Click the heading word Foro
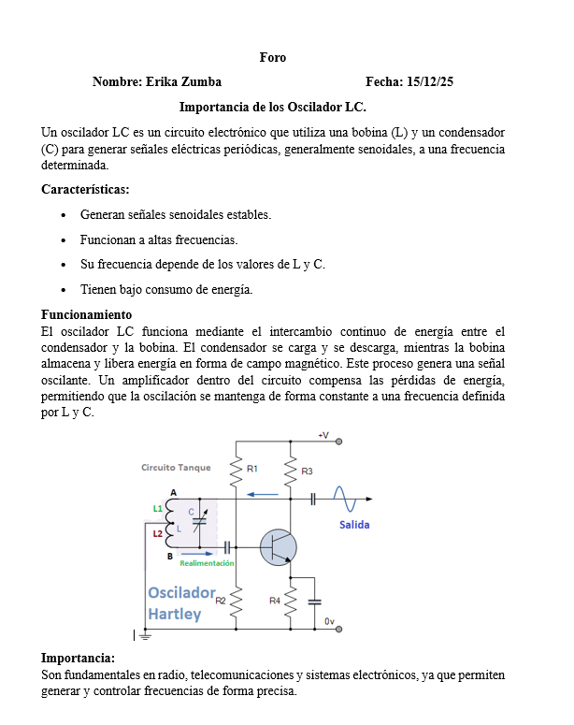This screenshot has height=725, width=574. click(x=273, y=58)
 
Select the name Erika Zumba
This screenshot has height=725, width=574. click(x=183, y=82)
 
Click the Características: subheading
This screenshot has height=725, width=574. click(x=85, y=189)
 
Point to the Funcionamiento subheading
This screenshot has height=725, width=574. click(x=86, y=314)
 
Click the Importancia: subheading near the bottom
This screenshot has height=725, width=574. click(x=78, y=658)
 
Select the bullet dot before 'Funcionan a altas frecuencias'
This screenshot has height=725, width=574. click(x=63, y=240)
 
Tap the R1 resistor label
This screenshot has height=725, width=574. click(x=252, y=467)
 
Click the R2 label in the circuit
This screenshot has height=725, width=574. click(x=221, y=600)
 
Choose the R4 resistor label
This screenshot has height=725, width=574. click(x=275, y=600)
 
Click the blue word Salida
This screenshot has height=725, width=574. click(x=354, y=525)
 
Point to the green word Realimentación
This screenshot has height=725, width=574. click(x=207, y=563)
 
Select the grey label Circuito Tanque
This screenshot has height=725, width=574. click(x=176, y=467)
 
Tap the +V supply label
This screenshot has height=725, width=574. click(x=323, y=436)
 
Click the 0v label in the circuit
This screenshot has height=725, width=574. click(x=329, y=621)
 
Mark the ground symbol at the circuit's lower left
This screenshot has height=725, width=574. click(x=143, y=636)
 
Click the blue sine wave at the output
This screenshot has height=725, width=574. click(x=341, y=499)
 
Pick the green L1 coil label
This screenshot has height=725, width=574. click(x=157, y=508)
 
